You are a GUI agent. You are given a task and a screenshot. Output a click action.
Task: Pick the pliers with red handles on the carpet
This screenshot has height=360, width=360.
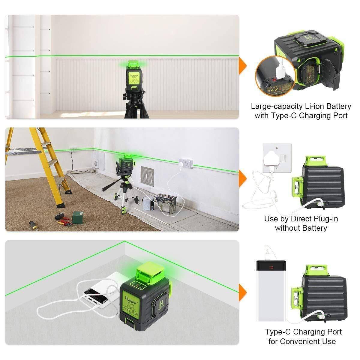64,222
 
